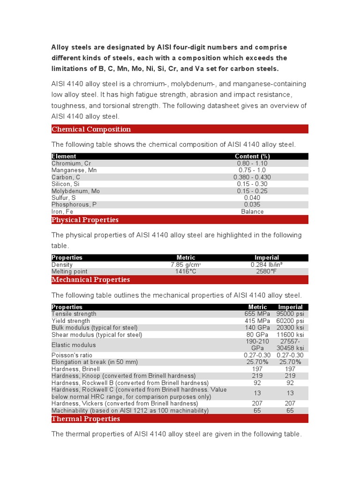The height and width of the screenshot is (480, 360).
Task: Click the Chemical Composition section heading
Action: pos(91,129)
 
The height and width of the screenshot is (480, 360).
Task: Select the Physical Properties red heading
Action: pos(85,220)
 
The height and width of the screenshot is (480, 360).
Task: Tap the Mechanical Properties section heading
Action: pos(90,280)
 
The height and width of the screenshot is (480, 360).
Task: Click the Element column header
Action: pos(64,156)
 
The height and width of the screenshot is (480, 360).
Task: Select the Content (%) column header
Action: pos(252,156)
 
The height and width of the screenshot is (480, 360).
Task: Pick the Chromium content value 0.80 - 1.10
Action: pos(252,164)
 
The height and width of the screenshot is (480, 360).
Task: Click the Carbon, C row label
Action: pos(66,177)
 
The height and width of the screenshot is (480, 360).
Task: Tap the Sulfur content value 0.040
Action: pos(252,198)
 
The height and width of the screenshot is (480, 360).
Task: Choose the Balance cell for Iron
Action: pos(252,211)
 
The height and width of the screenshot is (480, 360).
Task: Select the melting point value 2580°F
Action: pos(266,271)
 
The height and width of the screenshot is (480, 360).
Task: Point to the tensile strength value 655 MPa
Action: pos(256,314)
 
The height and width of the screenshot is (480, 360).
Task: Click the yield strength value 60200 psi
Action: pos(290,321)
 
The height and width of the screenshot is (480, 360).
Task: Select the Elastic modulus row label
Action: pos(74,345)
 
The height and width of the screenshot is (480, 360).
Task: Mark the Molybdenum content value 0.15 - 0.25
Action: pos(252,191)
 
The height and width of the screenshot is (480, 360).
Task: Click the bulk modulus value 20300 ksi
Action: pos(290,328)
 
